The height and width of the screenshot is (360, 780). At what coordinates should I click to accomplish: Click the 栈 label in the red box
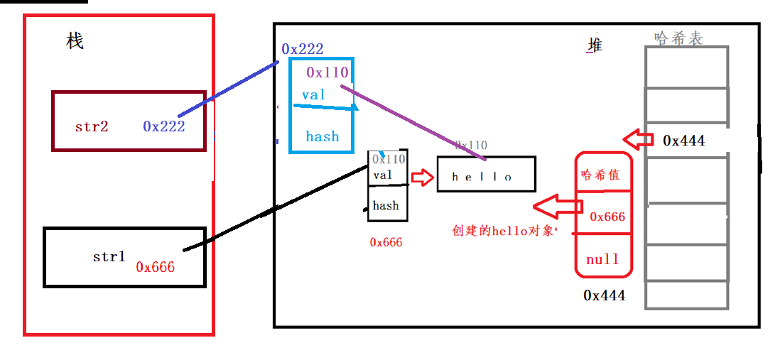tap(75, 42)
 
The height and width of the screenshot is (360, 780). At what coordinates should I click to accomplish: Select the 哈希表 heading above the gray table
tap(678, 38)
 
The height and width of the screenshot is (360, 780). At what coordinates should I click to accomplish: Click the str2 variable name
tap(92, 126)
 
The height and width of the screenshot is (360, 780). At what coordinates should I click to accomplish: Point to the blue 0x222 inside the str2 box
tap(164, 126)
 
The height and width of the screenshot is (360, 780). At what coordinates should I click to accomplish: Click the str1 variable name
tap(109, 256)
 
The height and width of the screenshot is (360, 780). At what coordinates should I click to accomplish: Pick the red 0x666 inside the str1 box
tap(156, 267)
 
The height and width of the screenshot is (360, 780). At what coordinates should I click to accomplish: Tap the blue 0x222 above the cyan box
tap(303, 49)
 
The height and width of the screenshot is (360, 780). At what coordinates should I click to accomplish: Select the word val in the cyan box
tap(313, 94)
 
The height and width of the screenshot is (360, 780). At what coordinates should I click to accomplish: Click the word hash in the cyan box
tap(323, 136)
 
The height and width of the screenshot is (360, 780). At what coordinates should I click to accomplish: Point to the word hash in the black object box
tap(386, 206)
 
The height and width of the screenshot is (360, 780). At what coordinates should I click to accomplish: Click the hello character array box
tap(486, 175)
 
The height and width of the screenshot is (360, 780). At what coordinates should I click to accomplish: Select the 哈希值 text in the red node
tap(600, 175)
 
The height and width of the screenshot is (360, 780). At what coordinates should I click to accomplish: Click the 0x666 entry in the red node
tap(607, 216)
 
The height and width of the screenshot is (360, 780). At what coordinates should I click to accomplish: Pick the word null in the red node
tap(602, 259)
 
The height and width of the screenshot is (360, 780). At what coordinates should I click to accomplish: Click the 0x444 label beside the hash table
tap(683, 141)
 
